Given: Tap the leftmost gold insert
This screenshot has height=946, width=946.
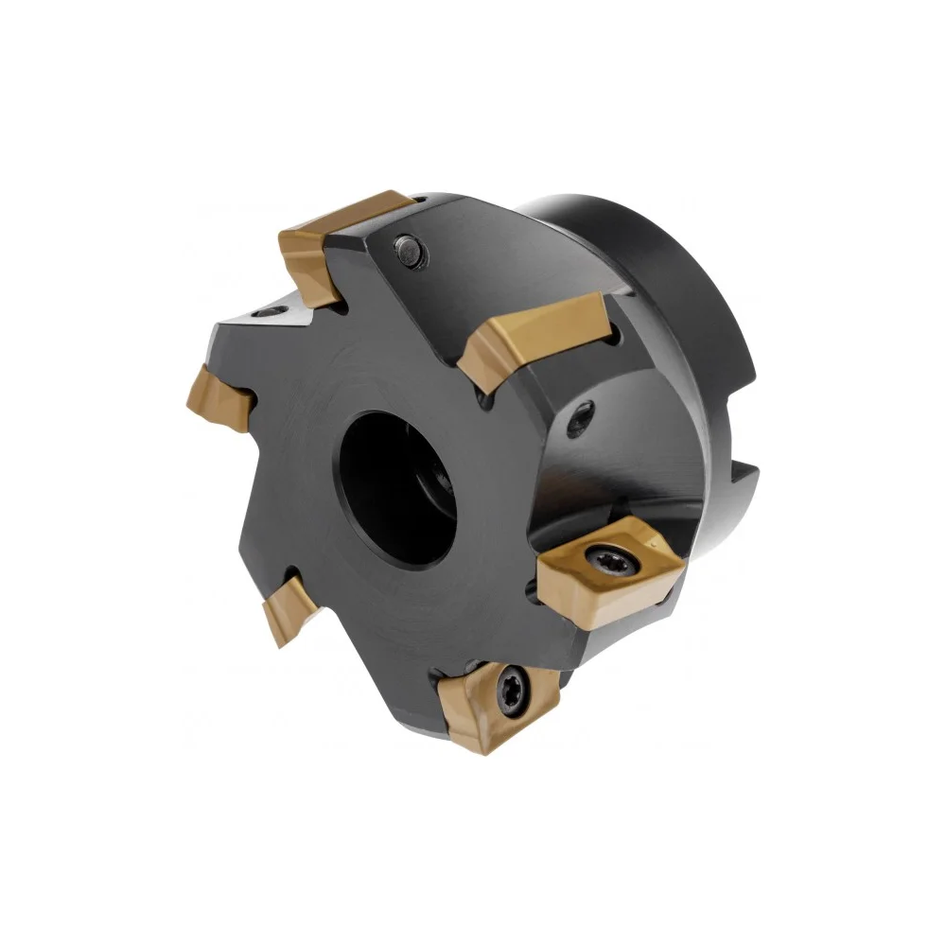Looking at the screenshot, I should point(219,397).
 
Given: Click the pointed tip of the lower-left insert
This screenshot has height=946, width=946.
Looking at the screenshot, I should point(275,643).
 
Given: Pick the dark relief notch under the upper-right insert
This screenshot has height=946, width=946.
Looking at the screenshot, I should point(488,401).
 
